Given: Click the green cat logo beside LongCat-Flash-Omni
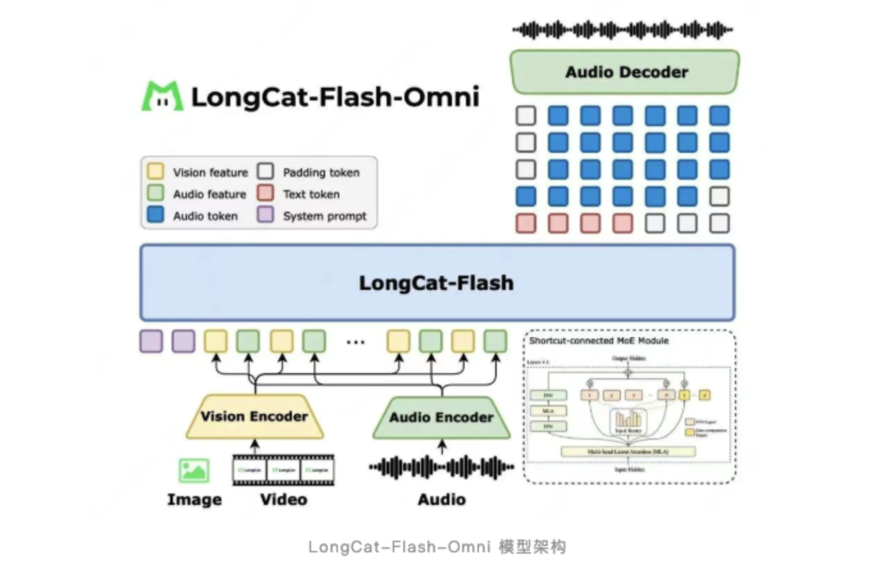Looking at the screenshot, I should [x=162, y=96].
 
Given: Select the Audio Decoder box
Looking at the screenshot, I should [x=625, y=72].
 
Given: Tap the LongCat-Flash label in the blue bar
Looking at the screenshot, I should [x=436, y=283].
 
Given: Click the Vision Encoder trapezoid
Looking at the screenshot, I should [x=254, y=417].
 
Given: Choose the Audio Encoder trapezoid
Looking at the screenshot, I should [x=442, y=418].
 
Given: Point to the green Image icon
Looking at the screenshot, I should [x=193, y=470].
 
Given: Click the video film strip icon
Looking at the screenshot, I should [x=283, y=470].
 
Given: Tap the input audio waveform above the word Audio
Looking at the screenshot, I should [x=441, y=468].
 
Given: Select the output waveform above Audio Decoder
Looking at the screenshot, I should [x=622, y=29].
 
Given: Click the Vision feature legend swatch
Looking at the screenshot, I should [x=156, y=171].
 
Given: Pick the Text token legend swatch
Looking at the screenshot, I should [x=266, y=193].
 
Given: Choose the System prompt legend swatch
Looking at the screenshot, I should [x=266, y=214].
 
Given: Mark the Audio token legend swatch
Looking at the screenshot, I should [x=156, y=214].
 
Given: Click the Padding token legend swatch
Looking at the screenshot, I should [x=266, y=171].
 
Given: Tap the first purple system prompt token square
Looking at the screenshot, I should [x=151, y=341].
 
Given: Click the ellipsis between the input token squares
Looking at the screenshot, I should [x=355, y=342].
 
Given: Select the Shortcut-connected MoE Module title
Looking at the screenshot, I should [x=598, y=340].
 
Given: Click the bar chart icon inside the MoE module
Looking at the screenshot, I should [x=628, y=419].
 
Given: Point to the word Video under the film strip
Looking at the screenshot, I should [x=283, y=499].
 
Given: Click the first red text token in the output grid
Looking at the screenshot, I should [x=525, y=223].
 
